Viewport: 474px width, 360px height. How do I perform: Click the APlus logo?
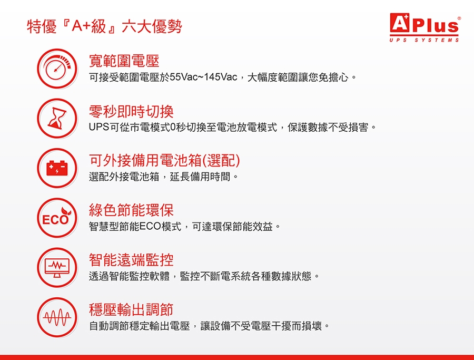pyautogui.click(x=424, y=27)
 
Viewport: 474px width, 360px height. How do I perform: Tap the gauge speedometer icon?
pyautogui.click(x=57, y=69)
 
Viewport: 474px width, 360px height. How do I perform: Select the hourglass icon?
pyautogui.click(x=57, y=118)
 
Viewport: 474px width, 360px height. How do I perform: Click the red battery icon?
pyautogui.click(x=57, y=168)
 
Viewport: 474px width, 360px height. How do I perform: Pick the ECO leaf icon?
pyautogui.click(x=57, y=218)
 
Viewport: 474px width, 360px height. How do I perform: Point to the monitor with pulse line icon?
pyautogui.click(x=57, y=267)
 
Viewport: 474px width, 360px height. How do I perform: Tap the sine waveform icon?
pyautogui.click(x=57, y=317)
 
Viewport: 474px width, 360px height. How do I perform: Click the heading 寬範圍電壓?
pyautogui.click(x=124, y=61)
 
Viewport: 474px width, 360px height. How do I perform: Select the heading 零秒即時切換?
pyautogui.click(x=131, y=111)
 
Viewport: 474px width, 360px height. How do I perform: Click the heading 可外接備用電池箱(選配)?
pyautogui.click(x=164, y=160)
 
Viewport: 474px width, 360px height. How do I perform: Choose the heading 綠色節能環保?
pyautogui.click(x=131, y=210)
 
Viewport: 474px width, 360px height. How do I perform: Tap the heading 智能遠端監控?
pyautogui.click(x=131, y=260)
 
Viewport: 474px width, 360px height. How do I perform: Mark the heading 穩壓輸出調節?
pyautogui.click(x=131, y=309)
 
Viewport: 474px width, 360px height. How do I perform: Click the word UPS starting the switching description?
pyautogui.click(x=99, y=127)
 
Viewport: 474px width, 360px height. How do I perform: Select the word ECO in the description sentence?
pyautogui.click(x=150, y=226)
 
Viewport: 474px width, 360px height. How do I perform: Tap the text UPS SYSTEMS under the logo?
pyautogui.click(x=424, y=40)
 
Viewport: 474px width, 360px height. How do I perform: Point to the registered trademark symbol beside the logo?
pyautogui.click(x=459, y=18)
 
